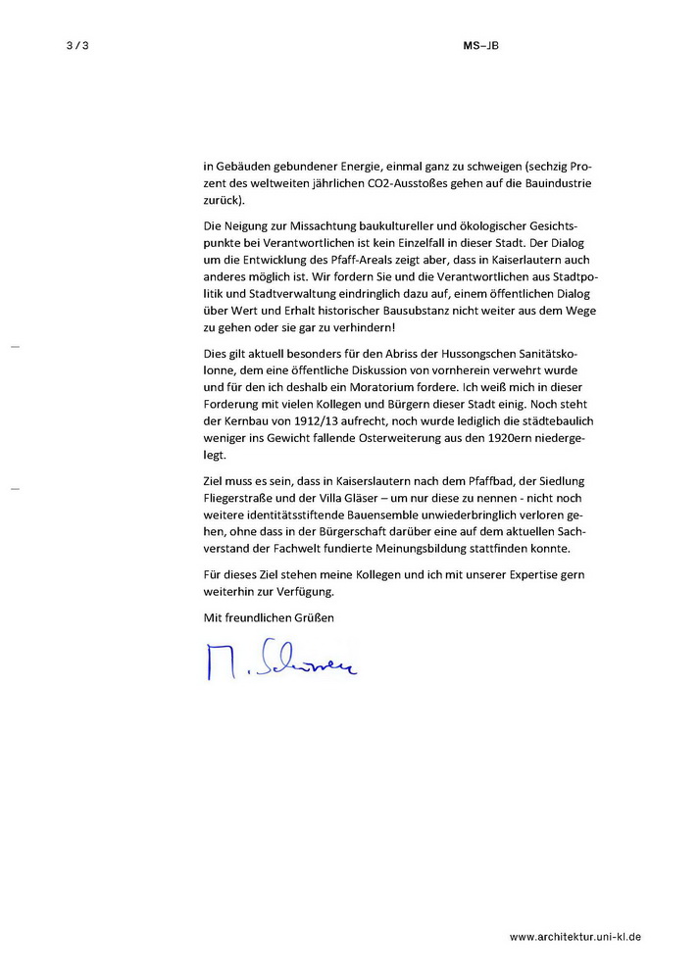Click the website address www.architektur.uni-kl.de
[575, 938]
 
